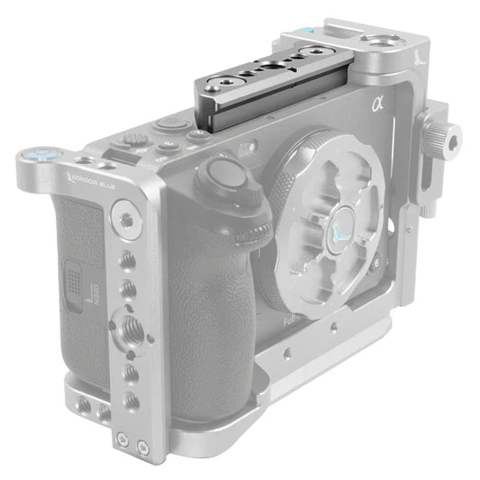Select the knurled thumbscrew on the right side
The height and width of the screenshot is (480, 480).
coord(445,138)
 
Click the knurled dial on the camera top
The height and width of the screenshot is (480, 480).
coord(135,139)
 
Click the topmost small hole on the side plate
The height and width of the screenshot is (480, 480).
coord(129,258)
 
